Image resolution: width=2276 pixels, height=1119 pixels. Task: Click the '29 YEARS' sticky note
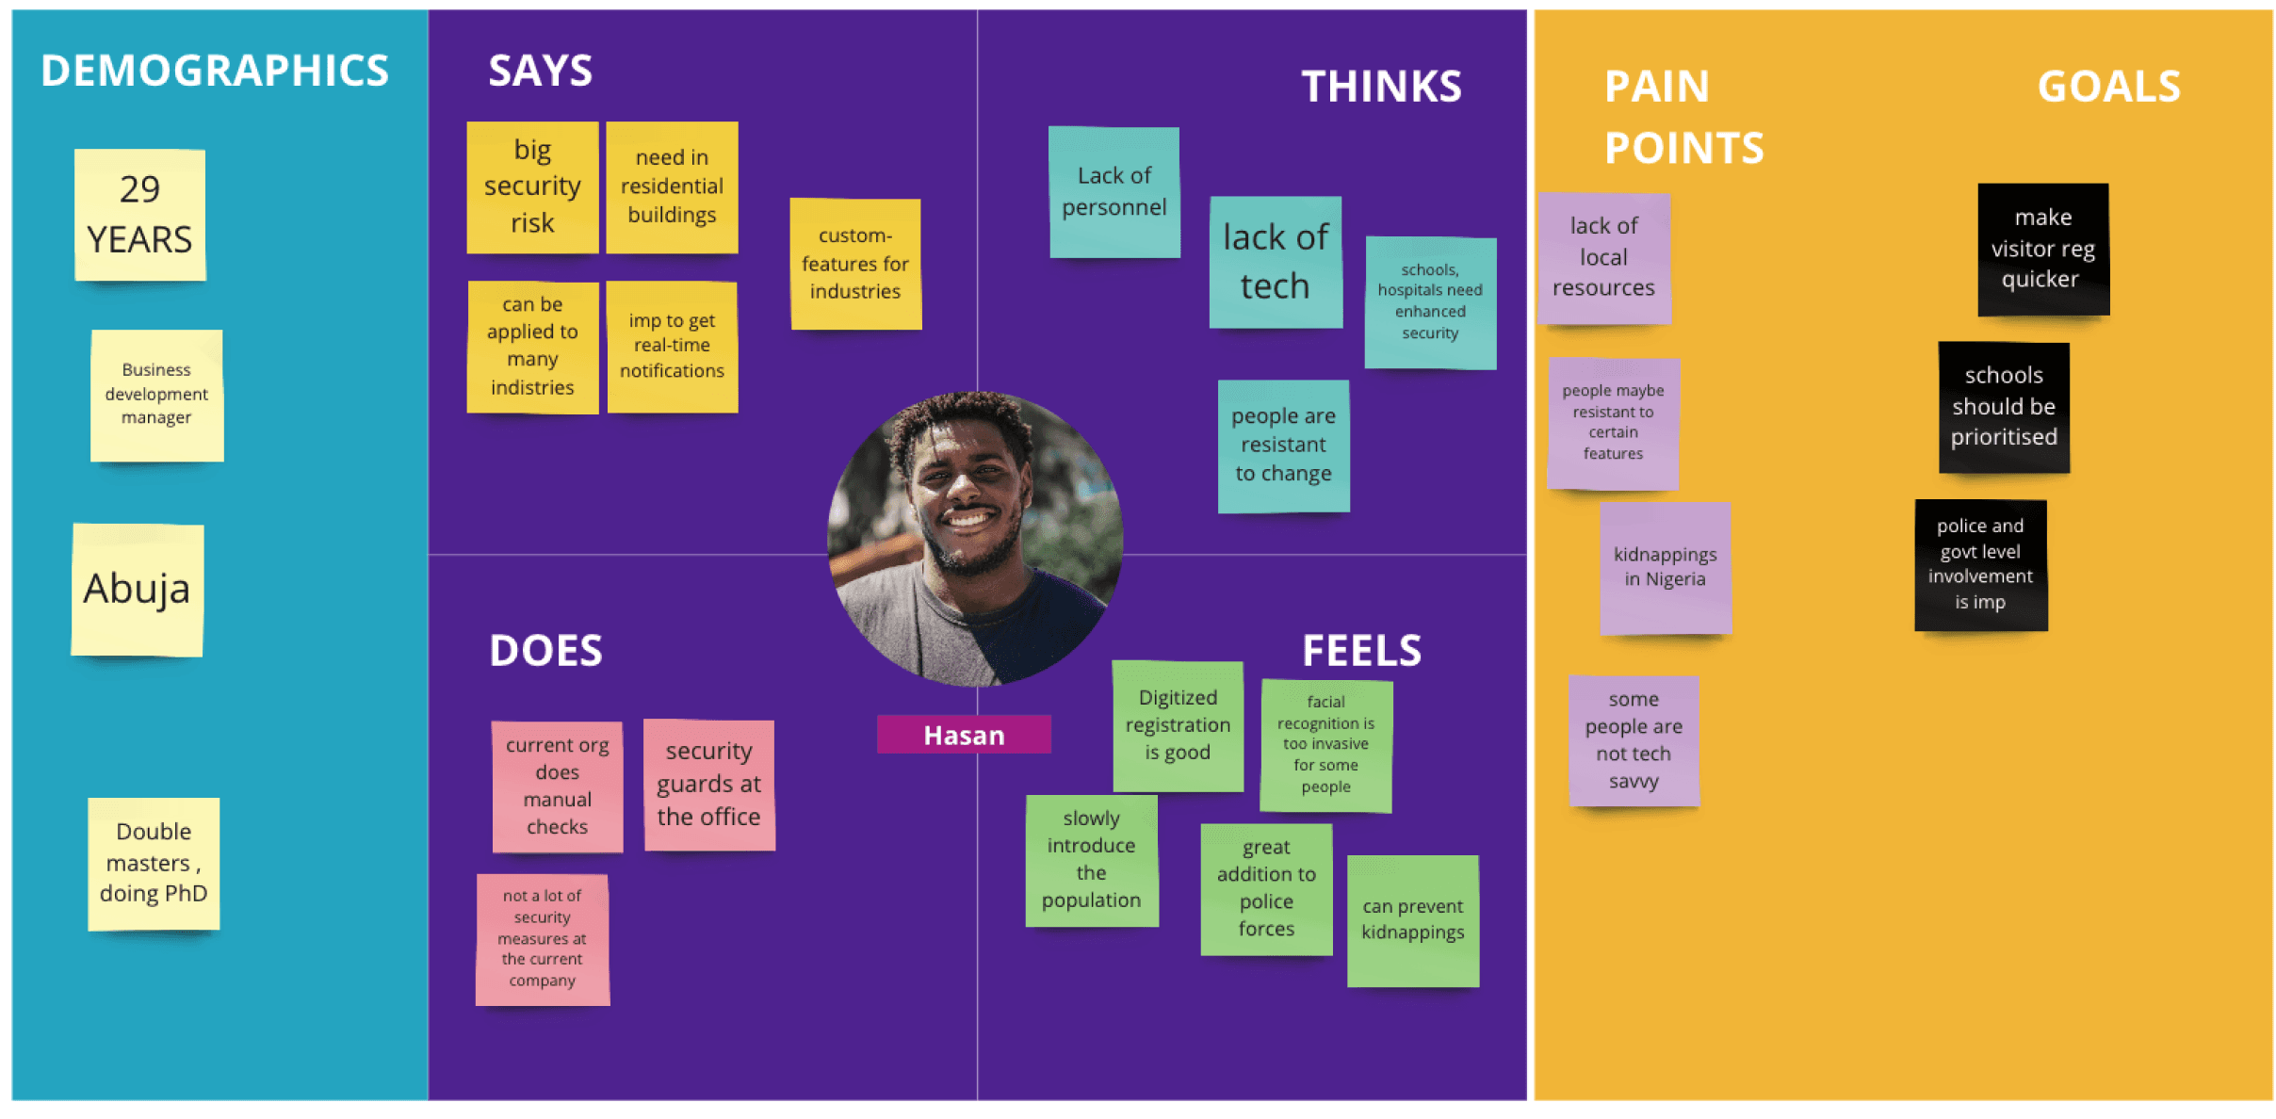point(140,215)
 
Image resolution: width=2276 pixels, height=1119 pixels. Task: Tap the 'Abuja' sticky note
point(138,590)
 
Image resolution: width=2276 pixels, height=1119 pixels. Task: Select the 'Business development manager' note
point(156,396)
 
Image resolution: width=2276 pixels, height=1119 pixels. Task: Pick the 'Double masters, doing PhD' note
point(154,864)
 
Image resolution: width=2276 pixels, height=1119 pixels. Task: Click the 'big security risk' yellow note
point(532,187)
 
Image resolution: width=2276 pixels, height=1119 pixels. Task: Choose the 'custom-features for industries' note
point(855,264)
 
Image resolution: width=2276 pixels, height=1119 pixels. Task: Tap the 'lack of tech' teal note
point(1276,262)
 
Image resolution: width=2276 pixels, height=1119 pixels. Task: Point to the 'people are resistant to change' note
point(1283,446)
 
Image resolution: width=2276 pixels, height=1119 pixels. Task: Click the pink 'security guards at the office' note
point(709,786)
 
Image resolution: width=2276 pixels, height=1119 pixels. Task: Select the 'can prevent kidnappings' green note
point(1413,920)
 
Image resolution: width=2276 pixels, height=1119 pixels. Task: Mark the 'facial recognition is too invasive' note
point(1326,745)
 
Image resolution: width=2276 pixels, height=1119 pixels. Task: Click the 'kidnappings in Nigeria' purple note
point(1666,568)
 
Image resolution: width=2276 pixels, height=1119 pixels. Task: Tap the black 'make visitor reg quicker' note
point(2043,250)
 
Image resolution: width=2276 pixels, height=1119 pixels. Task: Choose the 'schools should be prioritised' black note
point(2004,407)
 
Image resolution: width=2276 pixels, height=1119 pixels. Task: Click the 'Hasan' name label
point(964,735)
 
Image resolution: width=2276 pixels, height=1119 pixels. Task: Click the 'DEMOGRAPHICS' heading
point(215,71)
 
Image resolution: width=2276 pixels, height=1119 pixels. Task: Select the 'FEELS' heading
point(1361,651)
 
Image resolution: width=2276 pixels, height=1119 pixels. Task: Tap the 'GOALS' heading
point(2108,87)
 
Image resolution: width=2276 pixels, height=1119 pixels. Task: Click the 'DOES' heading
point(545,651)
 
